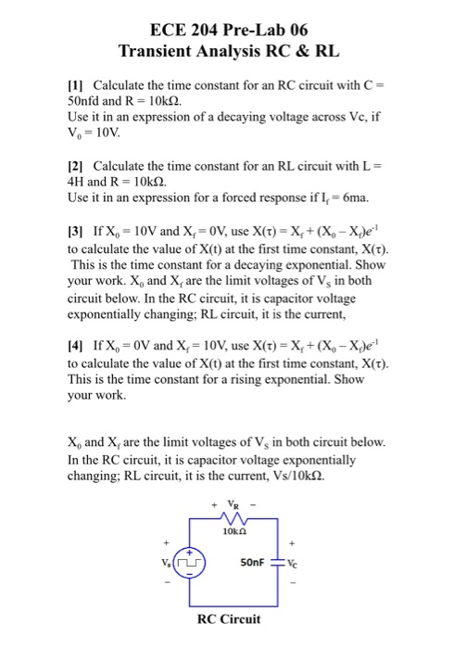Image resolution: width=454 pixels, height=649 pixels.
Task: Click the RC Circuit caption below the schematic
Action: click(228, 619)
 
